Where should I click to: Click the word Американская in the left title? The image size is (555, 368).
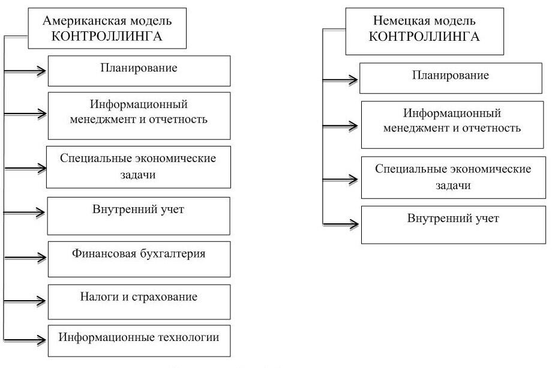click(x=83, y=21)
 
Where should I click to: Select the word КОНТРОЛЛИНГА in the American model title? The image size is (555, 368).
click(x=107, y=37)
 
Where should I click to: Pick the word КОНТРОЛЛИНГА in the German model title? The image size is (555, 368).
click(x=424, y=37)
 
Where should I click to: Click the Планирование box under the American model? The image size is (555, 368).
click(x=139, y=71)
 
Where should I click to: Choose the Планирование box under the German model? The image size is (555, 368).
click(x=451, y=78)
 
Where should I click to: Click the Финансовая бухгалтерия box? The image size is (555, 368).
click(x=139, y=259)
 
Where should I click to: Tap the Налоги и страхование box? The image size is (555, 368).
click(x=139, y=302)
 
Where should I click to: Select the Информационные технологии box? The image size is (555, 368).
click(x=139, y=341)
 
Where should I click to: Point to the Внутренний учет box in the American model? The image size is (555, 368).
click(x=139, y=216)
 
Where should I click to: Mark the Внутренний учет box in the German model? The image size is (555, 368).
click(x=454, y=225)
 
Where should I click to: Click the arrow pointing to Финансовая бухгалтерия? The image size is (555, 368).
click(x=25, y=258)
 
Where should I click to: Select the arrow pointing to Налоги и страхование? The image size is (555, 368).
click(x=25, y=301)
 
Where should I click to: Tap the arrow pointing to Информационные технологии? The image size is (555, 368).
click(x=25, y=340)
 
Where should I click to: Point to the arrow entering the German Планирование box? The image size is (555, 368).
click(x=340, y=80)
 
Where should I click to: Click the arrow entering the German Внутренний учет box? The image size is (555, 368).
click(x=341, y=224)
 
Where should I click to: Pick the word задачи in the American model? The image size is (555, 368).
click(x=137, y=175)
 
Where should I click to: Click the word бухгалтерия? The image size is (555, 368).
click(x=173, y=253)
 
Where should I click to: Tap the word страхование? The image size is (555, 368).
click(x=164, y=297)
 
